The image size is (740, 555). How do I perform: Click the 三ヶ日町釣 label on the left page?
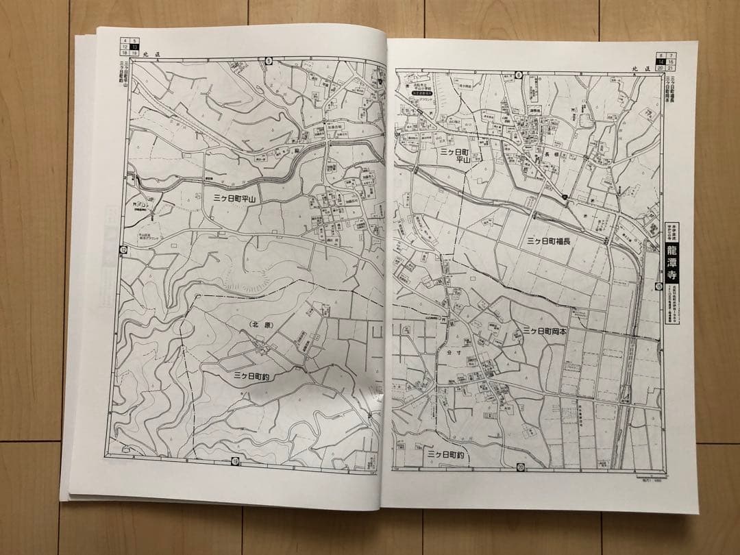tap(258, 376)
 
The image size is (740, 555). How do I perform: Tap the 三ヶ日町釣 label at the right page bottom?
tap(446, 454)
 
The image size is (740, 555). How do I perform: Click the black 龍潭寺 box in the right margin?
tap(673, 262)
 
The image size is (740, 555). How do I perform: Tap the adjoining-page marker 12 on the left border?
tap(123, 249)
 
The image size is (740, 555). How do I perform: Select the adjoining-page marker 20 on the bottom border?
tap(521, 467)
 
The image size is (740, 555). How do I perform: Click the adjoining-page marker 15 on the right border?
tap(658, 285)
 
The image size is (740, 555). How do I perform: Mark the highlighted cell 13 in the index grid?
tap(135, 45)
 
